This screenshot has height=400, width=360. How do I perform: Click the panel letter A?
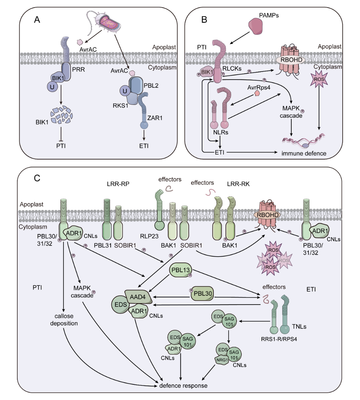click(37, 19)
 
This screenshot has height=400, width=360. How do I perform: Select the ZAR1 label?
click(155, 118)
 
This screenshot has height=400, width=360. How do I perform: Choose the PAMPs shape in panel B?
click(258, 27)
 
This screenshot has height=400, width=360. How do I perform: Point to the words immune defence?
click(304, 153)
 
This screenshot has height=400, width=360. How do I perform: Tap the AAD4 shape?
click(137, 297)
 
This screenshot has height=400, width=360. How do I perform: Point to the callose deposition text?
click(64, 320)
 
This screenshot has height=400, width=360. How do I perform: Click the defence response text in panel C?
click(183, 386)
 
